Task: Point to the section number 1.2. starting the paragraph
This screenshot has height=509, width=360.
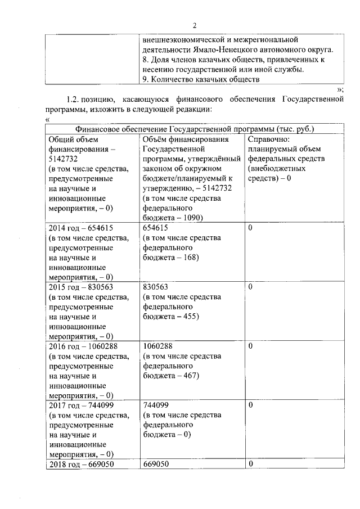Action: [75, 100]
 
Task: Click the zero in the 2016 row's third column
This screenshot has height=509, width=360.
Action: [250, 346]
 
